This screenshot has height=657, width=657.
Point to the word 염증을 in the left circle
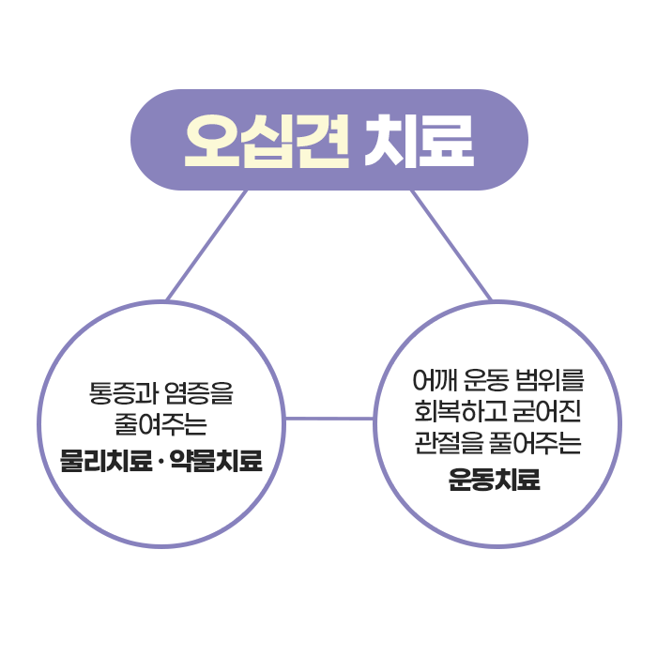click(x=201, y=391)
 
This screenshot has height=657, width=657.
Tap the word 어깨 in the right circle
click(x=434, y=381)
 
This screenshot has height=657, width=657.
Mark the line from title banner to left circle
click(x=206, y=246)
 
